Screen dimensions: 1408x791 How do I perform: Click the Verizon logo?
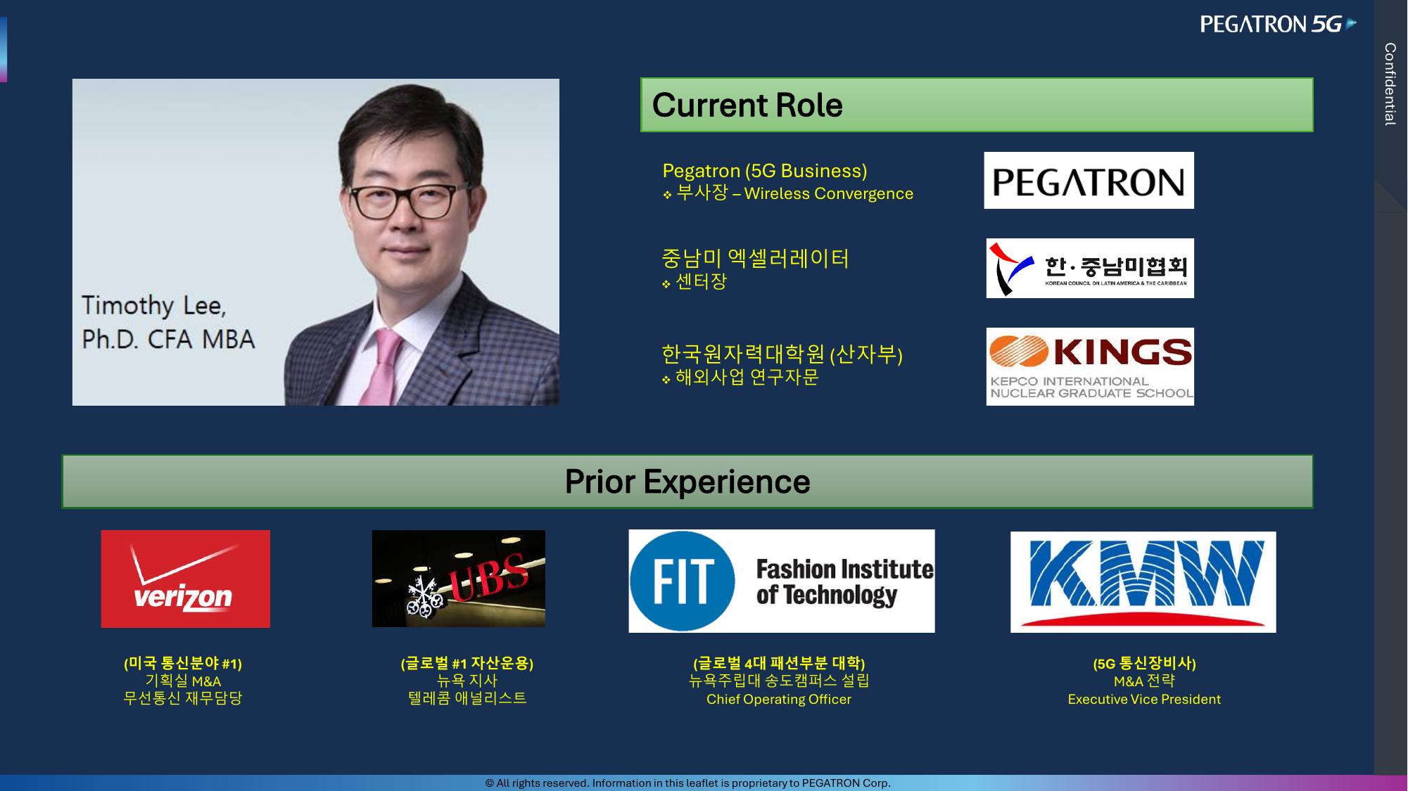click(x=185, y=579)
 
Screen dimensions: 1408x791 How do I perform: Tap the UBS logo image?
click(x=459, y=579)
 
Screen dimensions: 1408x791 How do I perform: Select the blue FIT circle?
click(x=682, y=581)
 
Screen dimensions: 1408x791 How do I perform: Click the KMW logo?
click(x=1143, y=581)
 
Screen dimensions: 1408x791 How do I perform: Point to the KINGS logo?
click(x=1090, y=366)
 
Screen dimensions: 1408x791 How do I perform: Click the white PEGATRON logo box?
click(x=1089, y=181)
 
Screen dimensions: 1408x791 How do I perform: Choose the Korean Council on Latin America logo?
click(x=1090, y=268)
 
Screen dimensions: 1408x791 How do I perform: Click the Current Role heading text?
click(x=747, y=105)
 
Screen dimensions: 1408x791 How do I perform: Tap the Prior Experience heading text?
click(x=687, y=482)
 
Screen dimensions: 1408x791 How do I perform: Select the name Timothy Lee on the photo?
click(x=153, y=306)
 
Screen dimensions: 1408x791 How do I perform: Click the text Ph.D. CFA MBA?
click(x=168, y=339)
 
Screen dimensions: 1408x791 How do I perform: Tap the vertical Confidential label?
click(x=1390, y=84)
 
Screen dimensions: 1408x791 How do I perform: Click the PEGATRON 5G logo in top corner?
click(x=1278, y=24)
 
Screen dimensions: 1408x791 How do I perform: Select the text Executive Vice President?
click(x=1144, y=700)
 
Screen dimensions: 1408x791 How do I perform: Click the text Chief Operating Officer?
click(x=779, y=700)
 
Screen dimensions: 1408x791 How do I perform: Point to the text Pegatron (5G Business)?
click(x=765, y=171)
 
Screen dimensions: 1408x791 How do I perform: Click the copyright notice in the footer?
click(x=687, y=783)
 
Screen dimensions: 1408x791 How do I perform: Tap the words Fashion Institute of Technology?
click(x=844, y=581)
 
